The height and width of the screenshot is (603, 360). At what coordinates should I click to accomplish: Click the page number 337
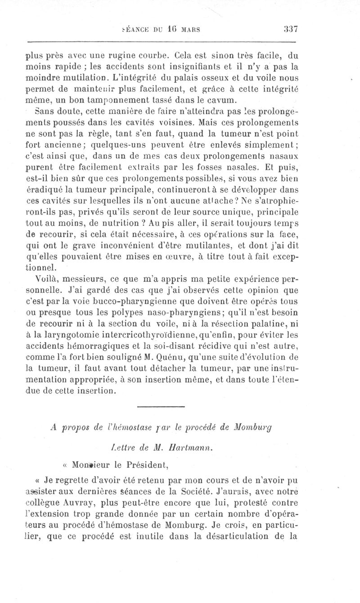[292, 29]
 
